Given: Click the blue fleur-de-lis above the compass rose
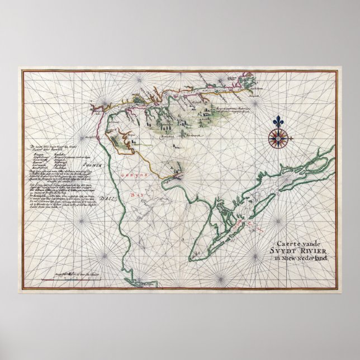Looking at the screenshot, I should pyautogui.click(x=280, y=121).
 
